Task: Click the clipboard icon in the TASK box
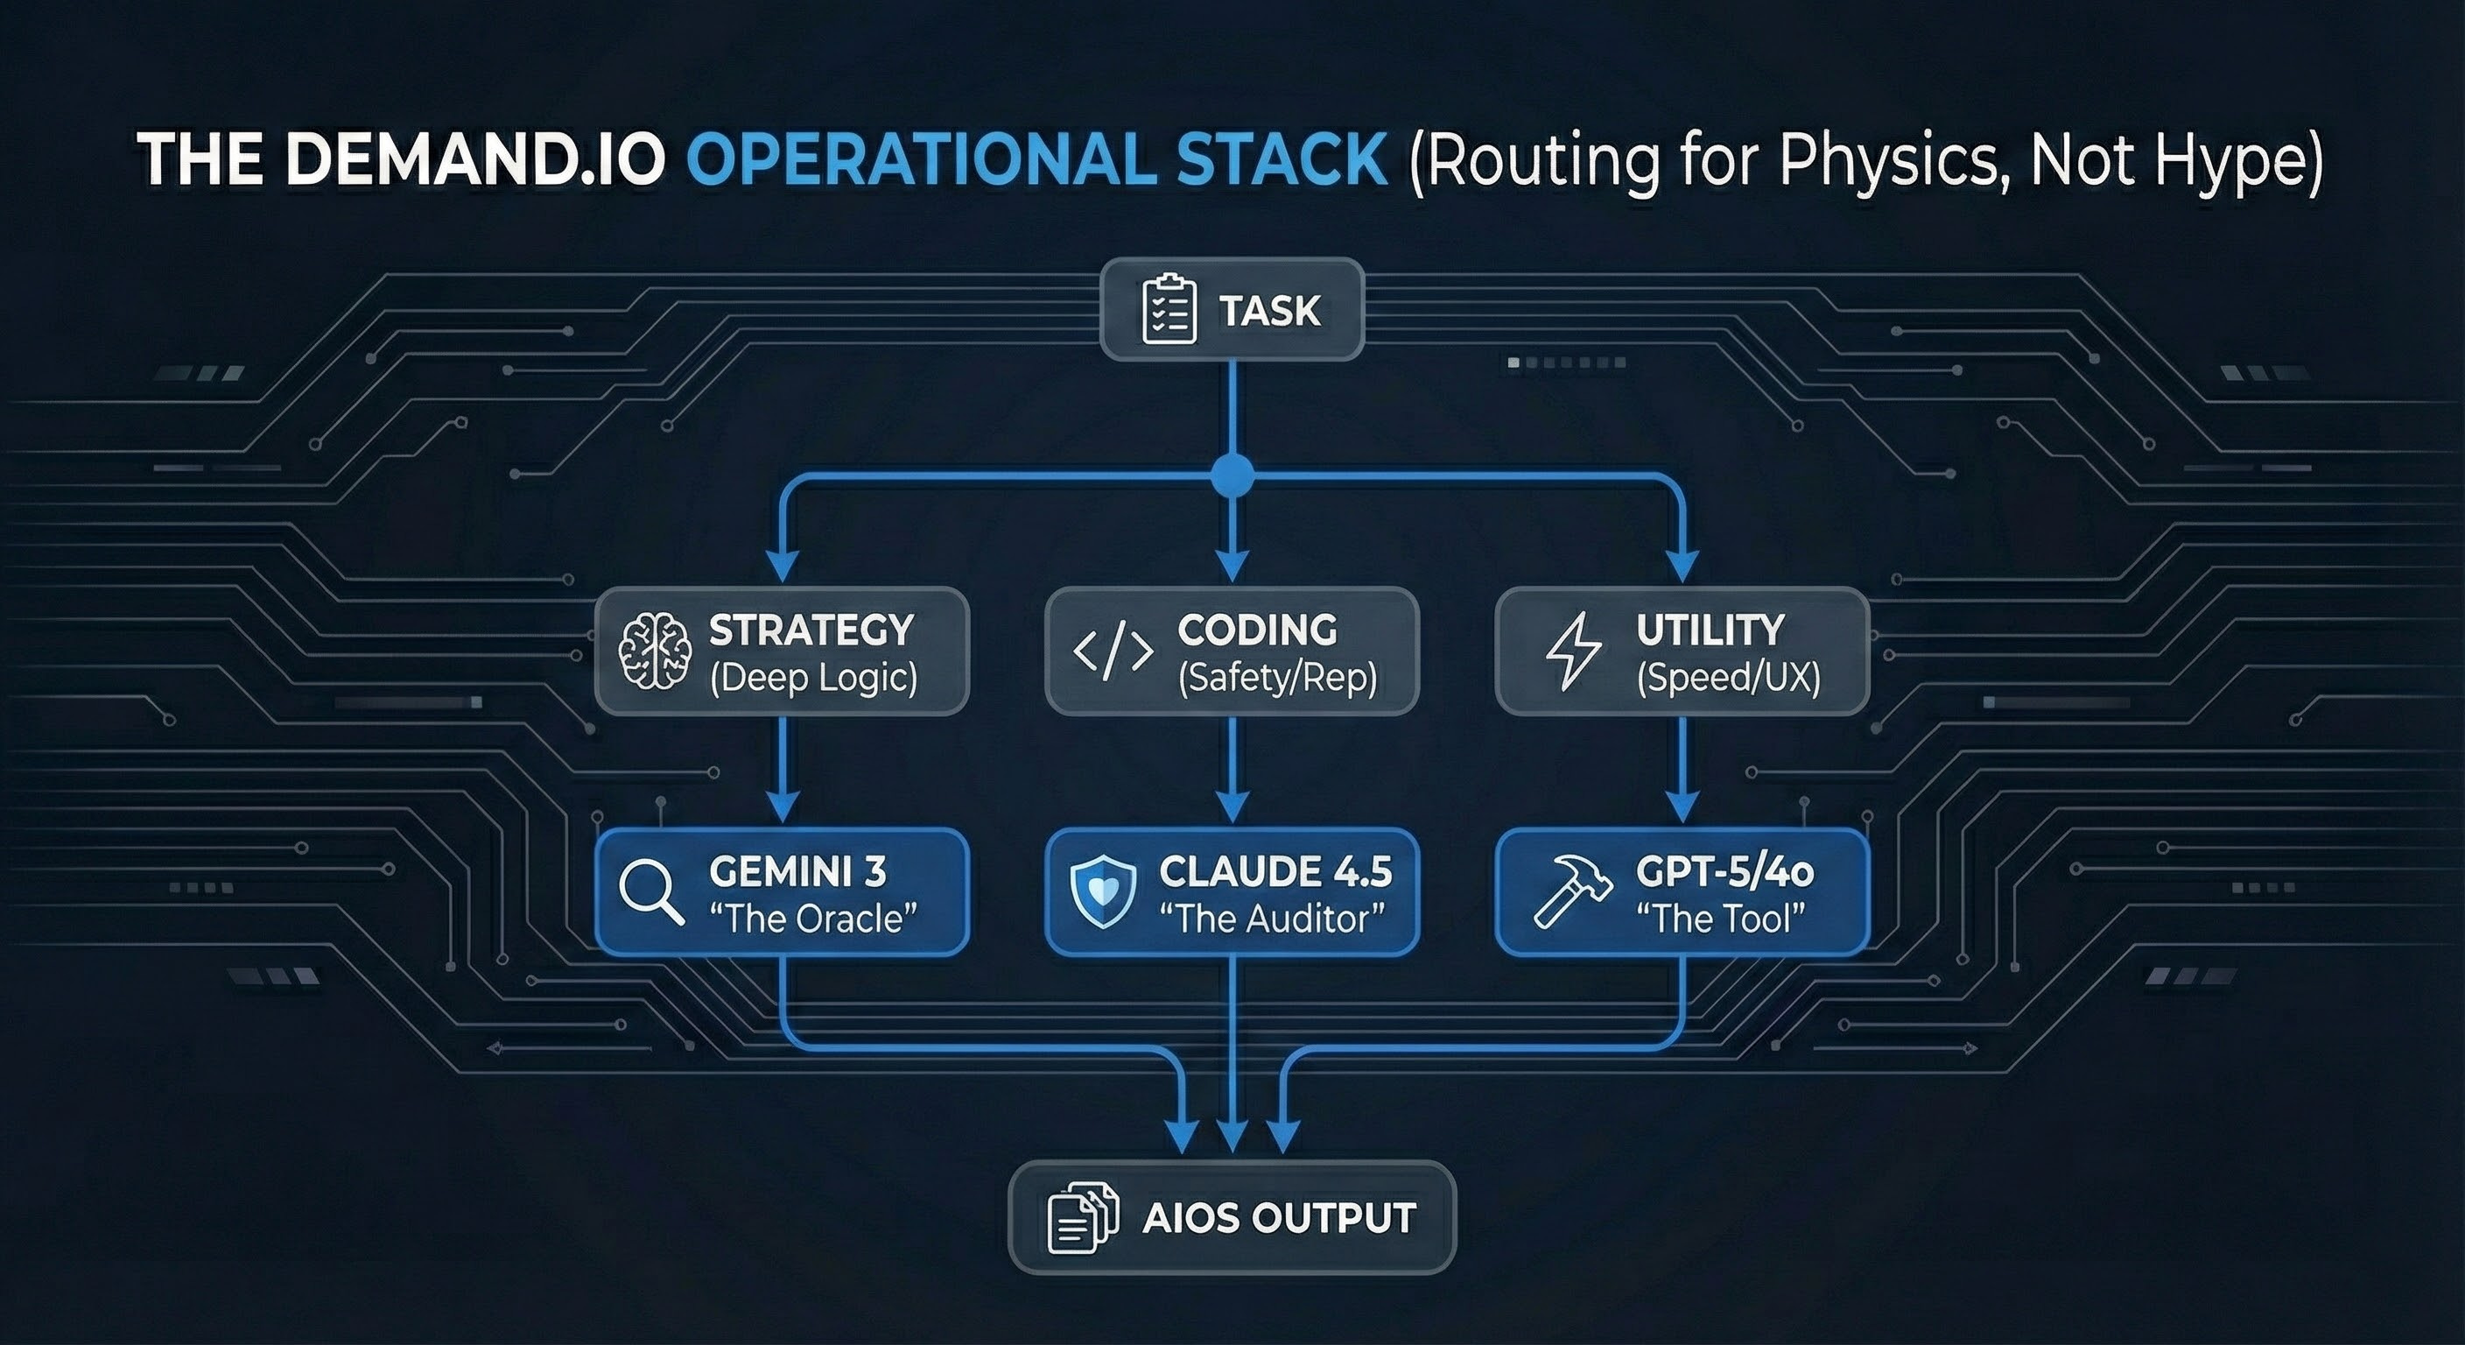coord(1169,310)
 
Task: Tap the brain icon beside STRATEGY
coord(655,651)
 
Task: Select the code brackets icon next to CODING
coord(1113,651)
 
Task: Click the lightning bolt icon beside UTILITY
coord(1573,651)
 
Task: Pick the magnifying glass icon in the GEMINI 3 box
coord(650,892)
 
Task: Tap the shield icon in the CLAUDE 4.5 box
coord(1103,892)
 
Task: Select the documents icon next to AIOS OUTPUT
coord(1082,1218)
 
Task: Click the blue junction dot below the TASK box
coord(1232,475)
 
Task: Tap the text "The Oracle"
coord(812,919)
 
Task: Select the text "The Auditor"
coord(1272,919)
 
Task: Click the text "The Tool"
coord(1721,919)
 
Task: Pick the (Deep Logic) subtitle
coord(813,678)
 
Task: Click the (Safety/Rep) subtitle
coord(1277,678)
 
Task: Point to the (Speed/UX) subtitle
coord(1728,678)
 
